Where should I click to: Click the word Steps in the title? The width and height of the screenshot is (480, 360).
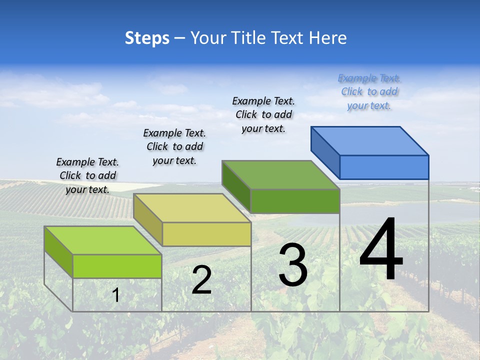pos(147,38)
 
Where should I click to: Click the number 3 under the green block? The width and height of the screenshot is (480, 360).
pos(293,265)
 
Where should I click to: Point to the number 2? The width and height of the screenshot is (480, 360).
pos(201,280)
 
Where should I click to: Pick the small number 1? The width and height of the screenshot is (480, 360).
pos(116,295)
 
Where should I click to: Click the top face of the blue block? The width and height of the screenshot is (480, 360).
pos(370,140)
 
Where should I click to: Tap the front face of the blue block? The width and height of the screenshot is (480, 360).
pos(384,167)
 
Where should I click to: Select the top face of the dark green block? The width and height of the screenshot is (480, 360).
pos(281,174)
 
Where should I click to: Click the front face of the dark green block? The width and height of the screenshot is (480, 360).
pos(295,201)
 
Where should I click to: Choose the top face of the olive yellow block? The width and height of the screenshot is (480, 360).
pos(192,207)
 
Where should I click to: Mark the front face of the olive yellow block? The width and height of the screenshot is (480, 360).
pos(206,234)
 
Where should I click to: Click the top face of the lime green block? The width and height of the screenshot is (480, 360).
pos(103,240)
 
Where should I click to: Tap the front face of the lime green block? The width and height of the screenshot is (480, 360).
pos(117,266)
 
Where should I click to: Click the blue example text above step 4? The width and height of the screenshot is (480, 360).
pos(369,91)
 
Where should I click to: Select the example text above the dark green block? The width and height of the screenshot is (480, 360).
pos(263,114)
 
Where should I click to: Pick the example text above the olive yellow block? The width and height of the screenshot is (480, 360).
pos(174,146)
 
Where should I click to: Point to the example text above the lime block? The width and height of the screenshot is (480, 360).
pos(87,175)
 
